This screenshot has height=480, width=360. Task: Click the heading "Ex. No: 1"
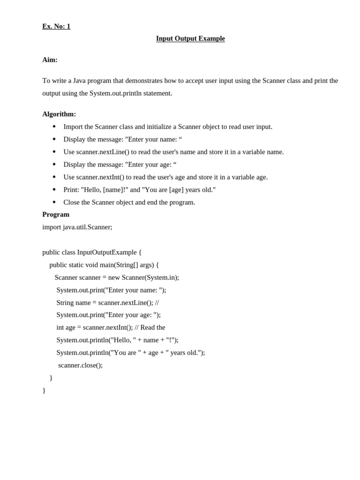[x=56, y=26]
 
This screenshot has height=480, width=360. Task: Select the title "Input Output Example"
[x=190, y=38]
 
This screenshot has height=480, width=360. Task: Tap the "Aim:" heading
[x=50, y=60]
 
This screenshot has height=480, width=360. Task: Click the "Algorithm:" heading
[x=59, y=114]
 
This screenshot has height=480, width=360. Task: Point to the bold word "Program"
[x=56, y=214]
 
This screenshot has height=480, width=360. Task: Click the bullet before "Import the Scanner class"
[x=54, y=127]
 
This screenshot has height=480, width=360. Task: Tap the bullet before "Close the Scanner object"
[x=54, y=202]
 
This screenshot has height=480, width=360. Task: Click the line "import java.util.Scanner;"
[x=77, y=227]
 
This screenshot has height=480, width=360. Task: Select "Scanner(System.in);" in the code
[x=150, y=277]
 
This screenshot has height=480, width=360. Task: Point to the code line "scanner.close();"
[x=80, y=365]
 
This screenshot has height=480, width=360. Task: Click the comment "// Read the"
[x=150, y=327]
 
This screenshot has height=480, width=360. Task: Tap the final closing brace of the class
[x=44, y=390]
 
